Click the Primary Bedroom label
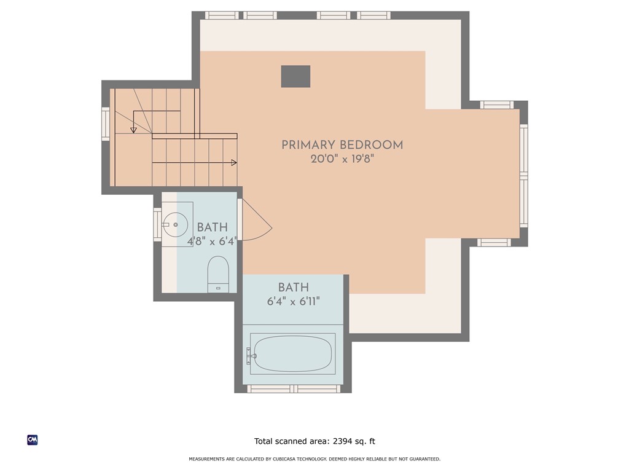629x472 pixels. [x=342, y=145]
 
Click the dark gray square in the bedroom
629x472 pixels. [x=295, y=76]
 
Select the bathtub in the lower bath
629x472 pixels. [x=293, y=353]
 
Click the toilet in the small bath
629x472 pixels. [x=218, y=270]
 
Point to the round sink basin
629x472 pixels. [x=176, y=225]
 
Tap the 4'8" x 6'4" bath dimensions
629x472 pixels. [x=212, y=242]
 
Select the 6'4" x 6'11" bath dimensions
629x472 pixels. [x=293, y=302]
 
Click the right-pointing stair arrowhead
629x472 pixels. [x=234, y=163]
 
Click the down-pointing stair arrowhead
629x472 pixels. [x=133, y=130]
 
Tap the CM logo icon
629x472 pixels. [x=33, y=439]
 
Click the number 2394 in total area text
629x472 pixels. [x=344, y=441]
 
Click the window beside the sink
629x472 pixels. [x=157, y=224]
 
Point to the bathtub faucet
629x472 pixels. [x=250, y=353]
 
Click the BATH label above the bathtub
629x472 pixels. [x=293, y=288]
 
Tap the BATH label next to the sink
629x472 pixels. [x=212, y=227]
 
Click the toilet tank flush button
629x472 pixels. [x=218, y=287]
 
